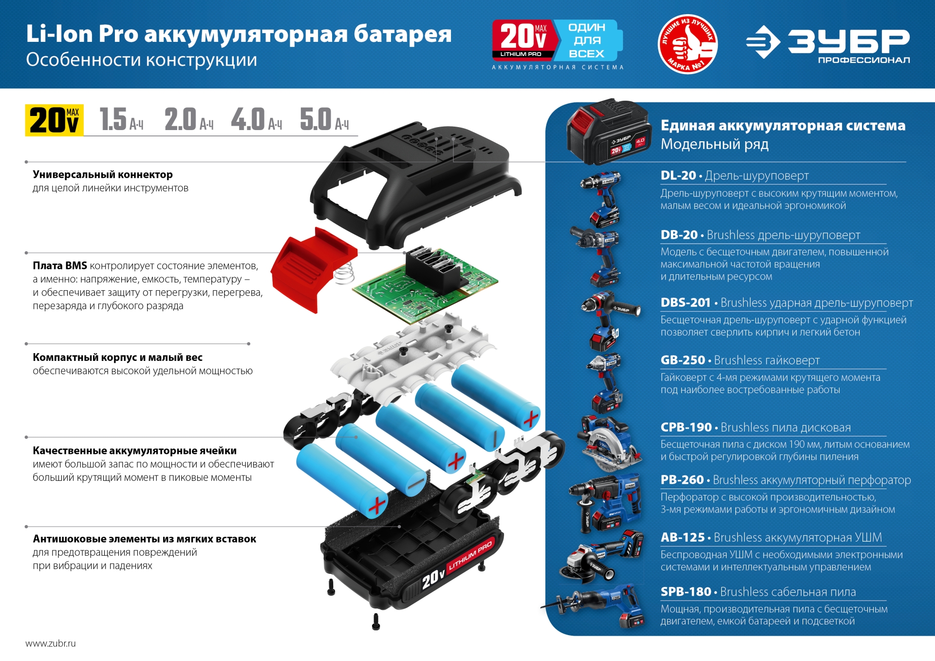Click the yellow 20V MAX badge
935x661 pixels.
click(54, 120)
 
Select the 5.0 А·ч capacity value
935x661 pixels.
click(323, 120)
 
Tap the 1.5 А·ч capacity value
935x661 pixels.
click(121, 120)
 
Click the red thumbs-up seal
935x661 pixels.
click(687, 44)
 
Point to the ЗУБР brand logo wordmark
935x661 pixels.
click(847, 42)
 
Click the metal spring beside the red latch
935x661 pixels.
click(345, 273)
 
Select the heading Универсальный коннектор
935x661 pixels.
click(103, 174)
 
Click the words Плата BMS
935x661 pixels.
click(60, 265)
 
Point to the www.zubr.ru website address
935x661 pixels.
click(51, 643)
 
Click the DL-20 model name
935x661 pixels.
click(678, 175)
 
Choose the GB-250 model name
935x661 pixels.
click(682, 360)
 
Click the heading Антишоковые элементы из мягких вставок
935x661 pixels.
click(144, 539)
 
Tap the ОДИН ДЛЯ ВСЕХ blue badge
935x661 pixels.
click(587, 40)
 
